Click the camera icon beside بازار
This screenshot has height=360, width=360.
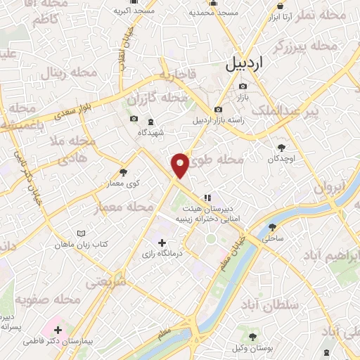point(243,86)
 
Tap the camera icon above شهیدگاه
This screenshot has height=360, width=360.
point(134,119)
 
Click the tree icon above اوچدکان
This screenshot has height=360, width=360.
point(282,147)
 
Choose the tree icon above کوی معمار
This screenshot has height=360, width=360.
point(124,172)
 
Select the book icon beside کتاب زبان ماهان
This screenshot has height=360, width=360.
point(82,233)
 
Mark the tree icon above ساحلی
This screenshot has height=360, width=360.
point(272,227)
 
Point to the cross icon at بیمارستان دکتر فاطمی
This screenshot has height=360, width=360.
point(58,329)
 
